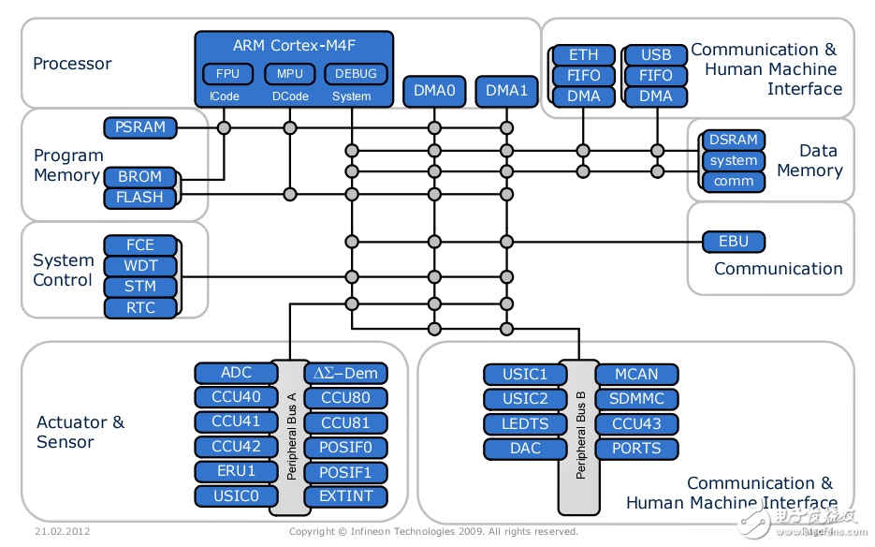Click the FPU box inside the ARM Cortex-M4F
coord(227,74)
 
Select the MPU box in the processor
coord(290,74)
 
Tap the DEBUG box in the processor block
coord(355,74)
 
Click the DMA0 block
coord(433,91)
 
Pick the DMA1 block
coord(506,91)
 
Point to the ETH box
coord(583,54)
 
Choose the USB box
coord(656,54)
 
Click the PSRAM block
coord(140,126)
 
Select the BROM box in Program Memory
coord(139,176)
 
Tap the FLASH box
coord(139,198)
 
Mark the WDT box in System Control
coord(140,266)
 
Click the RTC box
coord(140,307)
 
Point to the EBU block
coord(734,242)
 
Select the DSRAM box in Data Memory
coord(733,140)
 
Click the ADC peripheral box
coord(236,373)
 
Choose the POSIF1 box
coord(345,472)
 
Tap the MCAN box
coord(636,374)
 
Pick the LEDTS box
coord(525,423)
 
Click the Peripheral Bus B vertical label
coord(580,435)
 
